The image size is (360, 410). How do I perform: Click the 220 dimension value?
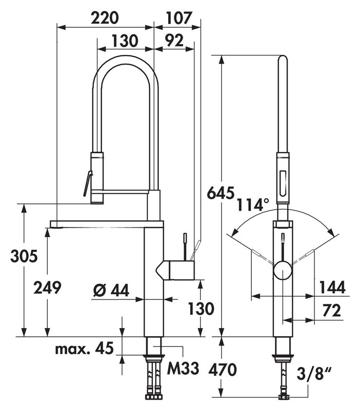105,18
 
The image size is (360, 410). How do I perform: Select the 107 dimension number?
179,18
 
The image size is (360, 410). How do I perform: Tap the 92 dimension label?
174,40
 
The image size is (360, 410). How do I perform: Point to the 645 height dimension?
221,193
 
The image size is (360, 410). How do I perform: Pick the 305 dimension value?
24,256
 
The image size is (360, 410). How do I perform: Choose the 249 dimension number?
47,288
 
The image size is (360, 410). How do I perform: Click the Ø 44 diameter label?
111,290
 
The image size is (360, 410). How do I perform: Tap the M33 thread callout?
183,368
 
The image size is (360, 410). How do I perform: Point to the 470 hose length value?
223,370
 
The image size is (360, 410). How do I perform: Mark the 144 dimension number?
332,287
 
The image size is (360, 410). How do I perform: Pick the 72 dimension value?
332,311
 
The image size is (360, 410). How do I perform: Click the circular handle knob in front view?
283,271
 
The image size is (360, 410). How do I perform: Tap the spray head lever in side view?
88,183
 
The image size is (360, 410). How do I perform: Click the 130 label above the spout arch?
125,40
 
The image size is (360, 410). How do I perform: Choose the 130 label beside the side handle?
201,309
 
